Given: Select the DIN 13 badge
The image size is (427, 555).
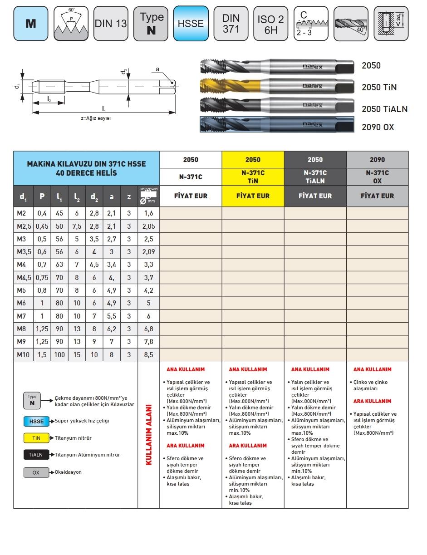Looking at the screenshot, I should coord(111,23).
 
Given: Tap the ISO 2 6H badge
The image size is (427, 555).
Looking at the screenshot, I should coord(270,24).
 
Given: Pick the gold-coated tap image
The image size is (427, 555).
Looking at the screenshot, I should coord(277,86).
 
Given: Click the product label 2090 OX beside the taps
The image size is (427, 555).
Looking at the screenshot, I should coord(378,128).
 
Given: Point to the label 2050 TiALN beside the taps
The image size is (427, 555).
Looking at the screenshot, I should coord(384,109).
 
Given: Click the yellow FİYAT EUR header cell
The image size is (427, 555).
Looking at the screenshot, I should coord(253,196).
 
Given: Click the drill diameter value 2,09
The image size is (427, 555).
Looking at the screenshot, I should coord(148,252).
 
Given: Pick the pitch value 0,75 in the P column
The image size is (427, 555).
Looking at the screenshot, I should coord(42,278).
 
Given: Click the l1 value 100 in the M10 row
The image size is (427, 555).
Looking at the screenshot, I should coord(59,354).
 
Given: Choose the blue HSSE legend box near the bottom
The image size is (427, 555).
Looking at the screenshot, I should coord(36,421).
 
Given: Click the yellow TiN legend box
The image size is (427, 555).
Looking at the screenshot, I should coord(36,438).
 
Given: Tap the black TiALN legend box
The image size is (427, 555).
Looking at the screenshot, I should coord(36,455).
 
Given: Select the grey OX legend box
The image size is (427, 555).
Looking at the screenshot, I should coord(36,472).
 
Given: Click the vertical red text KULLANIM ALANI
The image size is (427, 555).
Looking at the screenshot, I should coord(148,434).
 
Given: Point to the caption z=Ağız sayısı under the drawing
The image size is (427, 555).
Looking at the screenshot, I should coord(96,118).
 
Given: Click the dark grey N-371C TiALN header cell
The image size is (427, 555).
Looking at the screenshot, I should coord(315,177).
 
